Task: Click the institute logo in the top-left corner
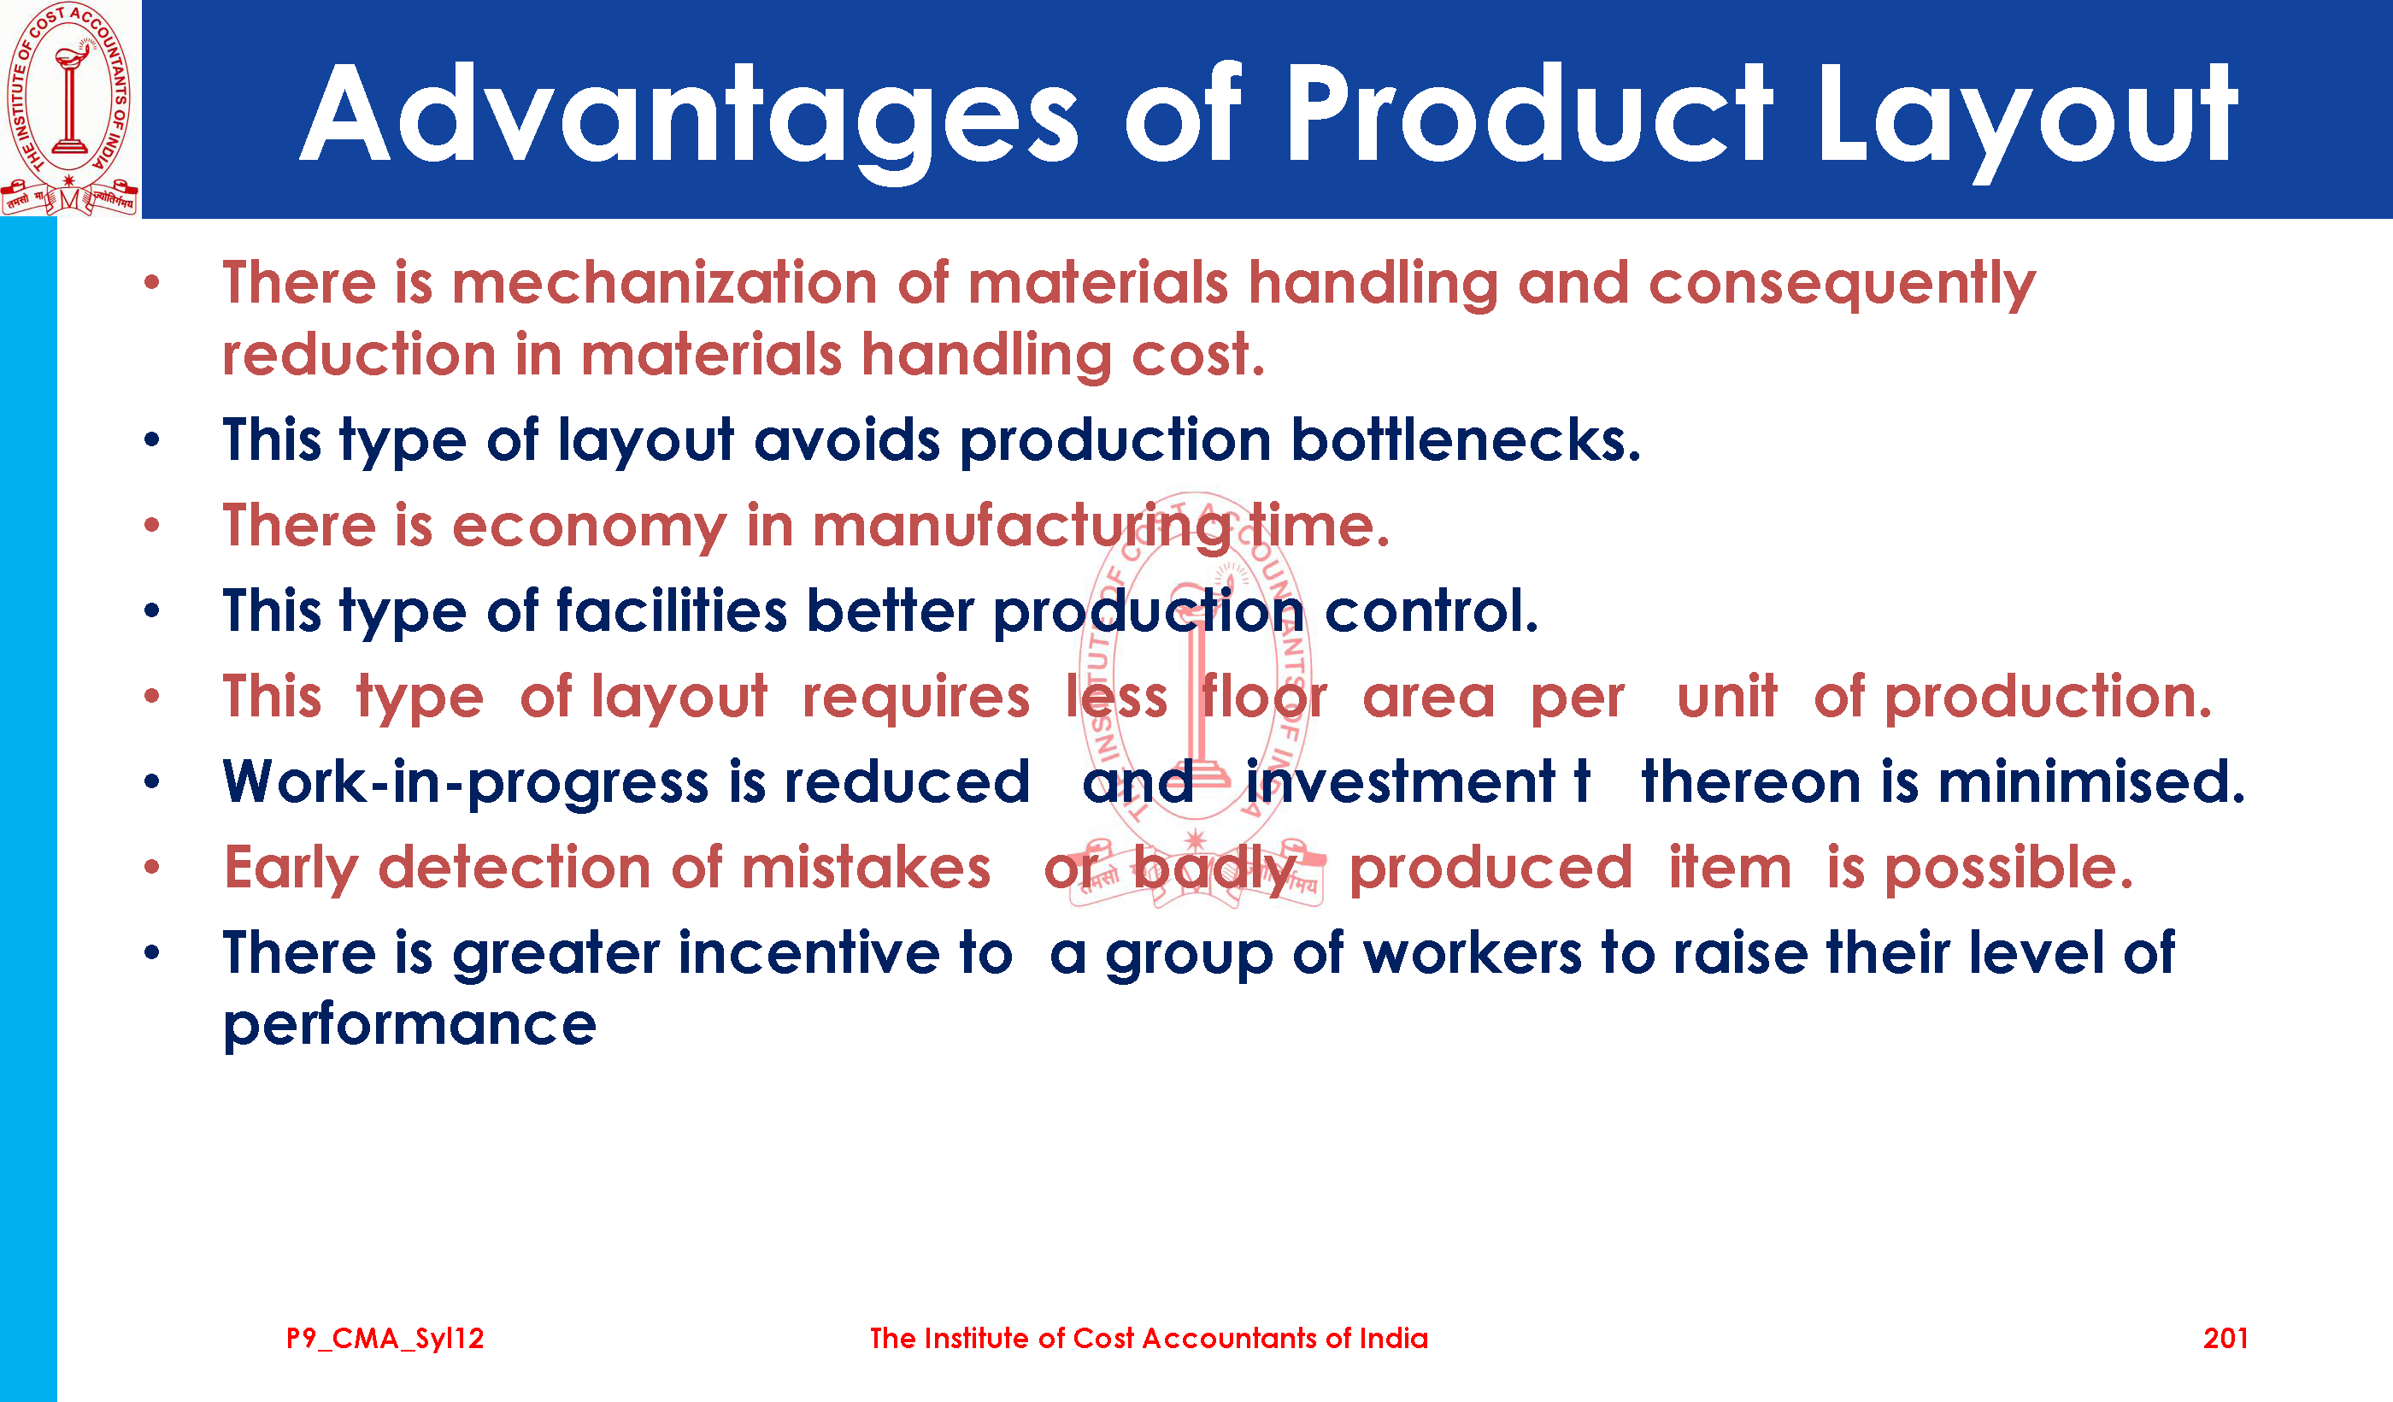point(70,109)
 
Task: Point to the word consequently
point(1843,285)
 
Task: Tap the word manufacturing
point(1020,527)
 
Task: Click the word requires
point(916,698)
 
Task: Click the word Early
point(291,869)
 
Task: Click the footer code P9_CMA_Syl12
point(385,1339)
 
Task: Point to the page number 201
point(2225,1339)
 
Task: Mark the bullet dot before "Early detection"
point(152,867)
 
